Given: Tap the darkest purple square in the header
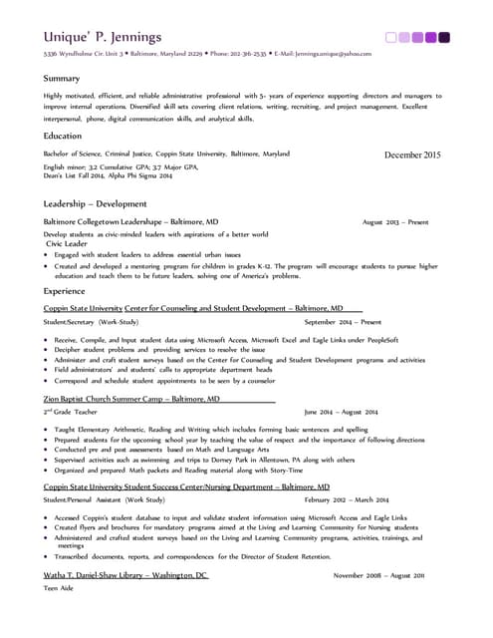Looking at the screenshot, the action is point(444,38).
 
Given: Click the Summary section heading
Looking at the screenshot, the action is point(62,78).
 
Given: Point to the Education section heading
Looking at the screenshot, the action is point(64,136).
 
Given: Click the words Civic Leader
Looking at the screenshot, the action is point(68,243).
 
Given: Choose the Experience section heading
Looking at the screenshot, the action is point(65,291).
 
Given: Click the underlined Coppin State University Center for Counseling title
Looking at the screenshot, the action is point(194,309).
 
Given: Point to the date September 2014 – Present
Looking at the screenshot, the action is point(343,323).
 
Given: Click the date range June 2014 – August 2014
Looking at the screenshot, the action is point(341,412).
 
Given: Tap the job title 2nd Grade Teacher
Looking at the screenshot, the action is point(71,412).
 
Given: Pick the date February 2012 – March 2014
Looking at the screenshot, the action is point(346,499).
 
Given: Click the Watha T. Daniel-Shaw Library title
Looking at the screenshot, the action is point(125,576).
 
